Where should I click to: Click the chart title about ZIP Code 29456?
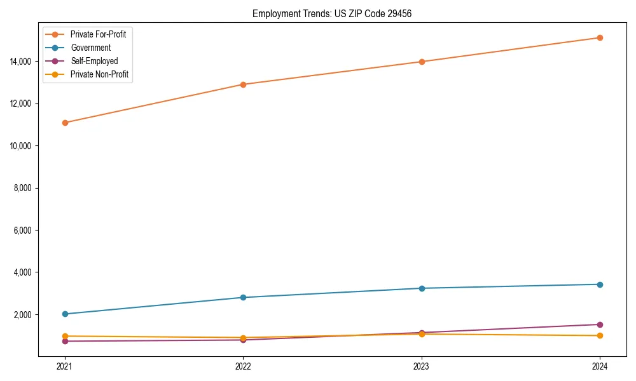point(331,14)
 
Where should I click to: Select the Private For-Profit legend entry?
point(98,34)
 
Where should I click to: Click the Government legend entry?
point(90,48)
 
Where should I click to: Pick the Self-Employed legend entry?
point(94,61)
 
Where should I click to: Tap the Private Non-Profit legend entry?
point(99,74)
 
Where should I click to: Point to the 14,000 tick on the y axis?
point(24,62)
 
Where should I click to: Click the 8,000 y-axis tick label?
point(25,188)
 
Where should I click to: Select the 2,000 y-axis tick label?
point(25,315)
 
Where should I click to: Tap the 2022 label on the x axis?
point(243,366)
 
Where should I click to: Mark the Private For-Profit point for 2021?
point(64,123)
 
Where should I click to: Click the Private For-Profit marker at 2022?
point(243,84)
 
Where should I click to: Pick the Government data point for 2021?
point(64,314)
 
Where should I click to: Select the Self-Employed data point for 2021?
point(64,341)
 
